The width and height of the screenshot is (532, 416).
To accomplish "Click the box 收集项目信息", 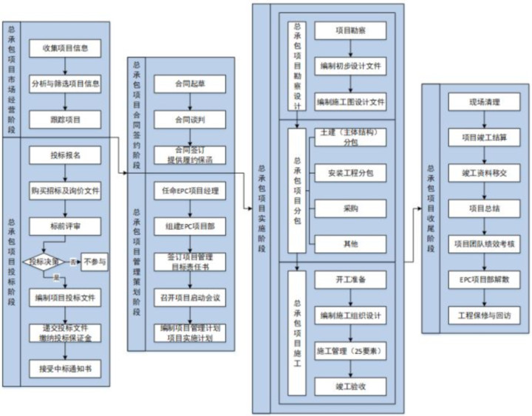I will (66, 48).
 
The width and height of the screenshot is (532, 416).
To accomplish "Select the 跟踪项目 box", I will (66, 118).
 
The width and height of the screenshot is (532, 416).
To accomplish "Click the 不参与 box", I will (95, 262).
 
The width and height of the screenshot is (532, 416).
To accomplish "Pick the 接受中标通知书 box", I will (66, 366).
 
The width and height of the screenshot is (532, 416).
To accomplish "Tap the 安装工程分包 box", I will (350, 174).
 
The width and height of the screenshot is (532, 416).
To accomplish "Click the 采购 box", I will (350, 208).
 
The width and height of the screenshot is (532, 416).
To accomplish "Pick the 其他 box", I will (350, 243).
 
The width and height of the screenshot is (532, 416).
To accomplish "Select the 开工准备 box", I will (350, 279).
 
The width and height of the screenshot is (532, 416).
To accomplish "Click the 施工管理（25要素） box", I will (350, 351).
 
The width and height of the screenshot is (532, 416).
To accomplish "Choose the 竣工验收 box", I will (350, 386).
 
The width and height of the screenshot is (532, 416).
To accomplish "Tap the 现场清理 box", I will (484, 102).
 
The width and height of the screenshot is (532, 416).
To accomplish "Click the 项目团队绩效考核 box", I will (484, 244).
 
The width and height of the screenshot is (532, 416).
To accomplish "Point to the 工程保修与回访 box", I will (484, 315).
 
